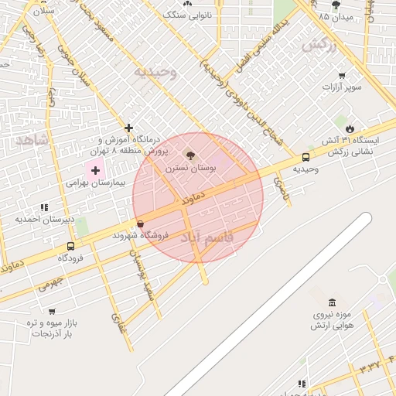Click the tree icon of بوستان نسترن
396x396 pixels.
pos(191,155)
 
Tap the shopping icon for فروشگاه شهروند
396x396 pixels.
pos(140,224)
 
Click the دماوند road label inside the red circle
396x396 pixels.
pos(194,199)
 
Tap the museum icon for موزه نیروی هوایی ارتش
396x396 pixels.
pos(332,302)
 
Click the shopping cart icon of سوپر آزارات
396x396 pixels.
pos(342,75)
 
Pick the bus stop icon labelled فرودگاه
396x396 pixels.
pos(71,247)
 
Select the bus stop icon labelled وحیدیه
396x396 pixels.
pos(307,158)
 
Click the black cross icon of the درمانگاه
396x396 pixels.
pos(128,128)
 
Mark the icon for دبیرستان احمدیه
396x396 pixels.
pos(44,207)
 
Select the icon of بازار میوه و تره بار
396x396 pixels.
pos(51,311)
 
